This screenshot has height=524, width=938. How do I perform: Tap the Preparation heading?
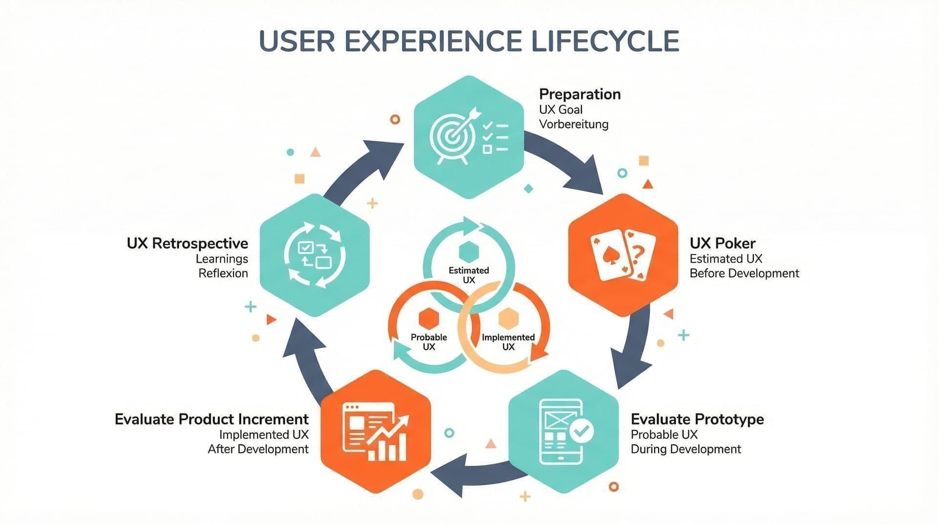(x=579, y=94)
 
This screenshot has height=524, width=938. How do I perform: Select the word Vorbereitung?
(x=574, y=124)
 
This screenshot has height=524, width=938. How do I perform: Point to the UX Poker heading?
(x=722, y=243)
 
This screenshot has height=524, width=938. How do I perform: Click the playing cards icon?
(x=623, y=255)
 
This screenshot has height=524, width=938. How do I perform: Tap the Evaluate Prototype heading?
(x=697, y=419)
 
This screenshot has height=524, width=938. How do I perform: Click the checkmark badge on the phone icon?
(x=581, y=431)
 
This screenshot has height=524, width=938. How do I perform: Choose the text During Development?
(x=685, y=449)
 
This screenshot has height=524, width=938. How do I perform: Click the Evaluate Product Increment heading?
(x=212, y=419)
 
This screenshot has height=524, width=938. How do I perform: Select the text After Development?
(x=258, y=449)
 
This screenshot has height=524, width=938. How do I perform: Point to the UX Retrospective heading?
(x=187, y=243)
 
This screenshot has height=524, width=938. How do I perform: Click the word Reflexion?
(x=223, y=273)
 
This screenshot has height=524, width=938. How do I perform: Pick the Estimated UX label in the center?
(x=469, y=275)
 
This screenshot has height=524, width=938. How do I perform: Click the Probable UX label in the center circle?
(x=428, y=342)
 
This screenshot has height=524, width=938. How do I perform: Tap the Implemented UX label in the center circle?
(x=508, y=342)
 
